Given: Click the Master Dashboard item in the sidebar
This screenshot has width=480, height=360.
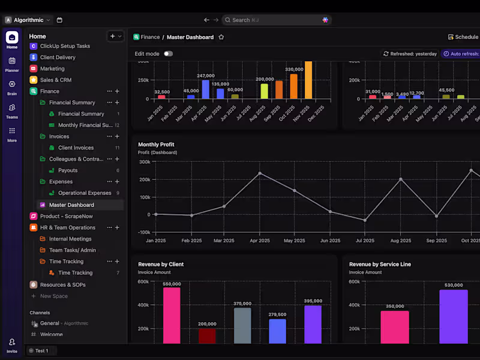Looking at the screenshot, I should pos(71,205).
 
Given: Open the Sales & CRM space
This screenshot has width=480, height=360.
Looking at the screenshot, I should pos(56,80).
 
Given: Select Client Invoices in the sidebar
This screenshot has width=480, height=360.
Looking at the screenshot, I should pos(76,148).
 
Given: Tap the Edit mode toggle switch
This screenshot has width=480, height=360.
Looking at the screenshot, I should pos(168,54).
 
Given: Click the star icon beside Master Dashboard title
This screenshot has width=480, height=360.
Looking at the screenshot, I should pos(221,37).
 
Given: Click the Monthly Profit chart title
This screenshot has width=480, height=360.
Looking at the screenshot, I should pos(156,145).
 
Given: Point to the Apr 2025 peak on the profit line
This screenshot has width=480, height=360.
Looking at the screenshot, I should pos(260,173).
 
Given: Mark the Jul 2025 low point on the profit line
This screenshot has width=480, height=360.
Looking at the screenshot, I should pos(365,220).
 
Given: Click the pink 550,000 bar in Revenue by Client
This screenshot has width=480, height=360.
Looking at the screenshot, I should pos(172,315).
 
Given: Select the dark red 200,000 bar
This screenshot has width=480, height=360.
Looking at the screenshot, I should pos(207,335).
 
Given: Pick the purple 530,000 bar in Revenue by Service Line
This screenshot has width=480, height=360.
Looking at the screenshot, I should pos(453,317).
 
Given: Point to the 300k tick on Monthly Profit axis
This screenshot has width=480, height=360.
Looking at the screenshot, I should pos(144,162).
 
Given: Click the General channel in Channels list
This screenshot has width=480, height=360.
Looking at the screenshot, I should pos(49,323).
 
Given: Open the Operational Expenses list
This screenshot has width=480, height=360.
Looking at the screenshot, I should pos(85,193).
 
